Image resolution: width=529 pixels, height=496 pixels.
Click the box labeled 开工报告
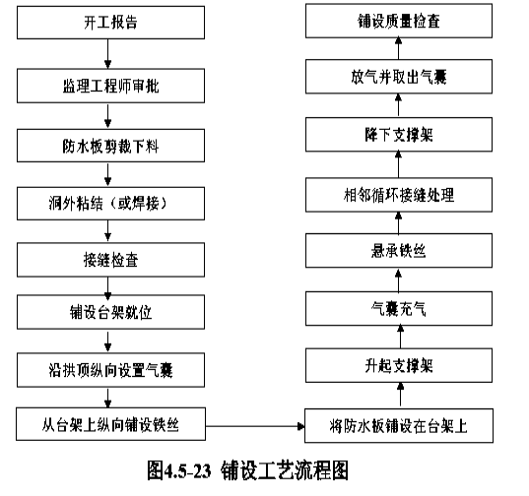coord(110,23)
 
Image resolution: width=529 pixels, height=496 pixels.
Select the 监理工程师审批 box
coord(110,86)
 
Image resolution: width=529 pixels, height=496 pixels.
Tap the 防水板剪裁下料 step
coord(110,146)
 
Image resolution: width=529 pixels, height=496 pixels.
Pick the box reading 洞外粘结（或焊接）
coord(110,204)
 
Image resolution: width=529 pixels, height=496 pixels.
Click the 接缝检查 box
coord(110,260)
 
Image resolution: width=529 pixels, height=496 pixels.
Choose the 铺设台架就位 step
coord(110,312)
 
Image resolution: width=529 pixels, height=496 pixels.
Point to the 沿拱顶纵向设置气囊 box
coord(110,370)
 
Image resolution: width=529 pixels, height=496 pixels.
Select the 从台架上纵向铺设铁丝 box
coord(110,424)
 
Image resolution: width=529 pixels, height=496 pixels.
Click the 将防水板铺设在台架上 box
coord(399,425)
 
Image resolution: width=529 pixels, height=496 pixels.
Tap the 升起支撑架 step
coord(399,365)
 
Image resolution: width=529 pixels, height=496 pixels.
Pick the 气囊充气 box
coord(399,309)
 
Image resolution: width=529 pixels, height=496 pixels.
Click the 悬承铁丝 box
coord(399,251)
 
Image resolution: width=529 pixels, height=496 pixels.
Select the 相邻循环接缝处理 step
coord(399,195)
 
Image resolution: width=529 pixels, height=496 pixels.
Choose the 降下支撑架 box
coord(399,135)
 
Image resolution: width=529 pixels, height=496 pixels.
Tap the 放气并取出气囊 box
coord(399,77)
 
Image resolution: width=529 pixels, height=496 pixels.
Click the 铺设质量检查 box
coord(399,21)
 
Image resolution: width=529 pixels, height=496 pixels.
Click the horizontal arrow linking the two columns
coord(255,426)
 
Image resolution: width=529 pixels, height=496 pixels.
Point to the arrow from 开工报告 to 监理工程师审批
coord(108,54)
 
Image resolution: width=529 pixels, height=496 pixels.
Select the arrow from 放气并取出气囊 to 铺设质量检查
coord(398,48)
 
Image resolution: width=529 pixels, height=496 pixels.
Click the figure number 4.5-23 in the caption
coord(187,470)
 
